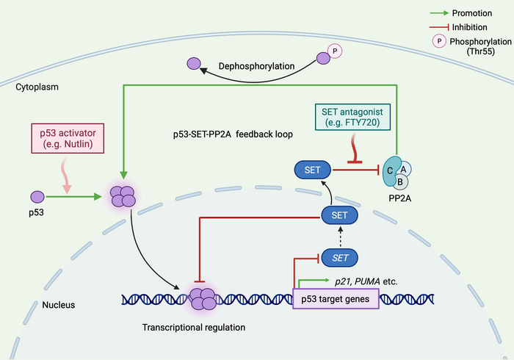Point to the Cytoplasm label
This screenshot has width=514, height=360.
click(x=37, y=87)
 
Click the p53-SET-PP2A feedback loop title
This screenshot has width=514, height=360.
click(x=217, y=136)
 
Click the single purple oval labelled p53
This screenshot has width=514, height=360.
click(x=37, y=197)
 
